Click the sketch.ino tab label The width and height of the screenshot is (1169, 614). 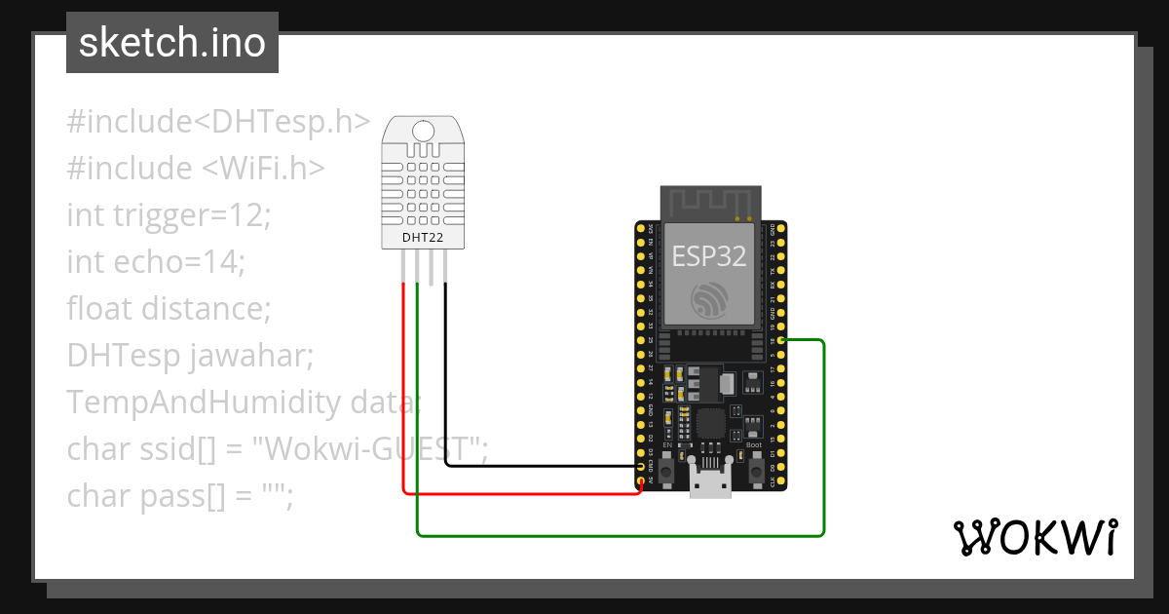(172, 43)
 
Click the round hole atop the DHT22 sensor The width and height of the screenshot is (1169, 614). (423, 130)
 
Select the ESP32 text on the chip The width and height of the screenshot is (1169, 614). (709, 255)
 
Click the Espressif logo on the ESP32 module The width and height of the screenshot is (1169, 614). (709, 299)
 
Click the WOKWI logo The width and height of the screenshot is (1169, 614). (1035, 538)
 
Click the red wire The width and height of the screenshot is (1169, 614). (403, 390)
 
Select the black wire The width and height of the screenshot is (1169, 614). (446, 390)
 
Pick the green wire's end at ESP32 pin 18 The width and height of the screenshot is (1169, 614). (783, 340)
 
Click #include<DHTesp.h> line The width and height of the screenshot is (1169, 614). (219, 122)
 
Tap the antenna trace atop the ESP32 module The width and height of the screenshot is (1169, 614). (709, 202)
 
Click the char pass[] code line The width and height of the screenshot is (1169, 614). (180, 496)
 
